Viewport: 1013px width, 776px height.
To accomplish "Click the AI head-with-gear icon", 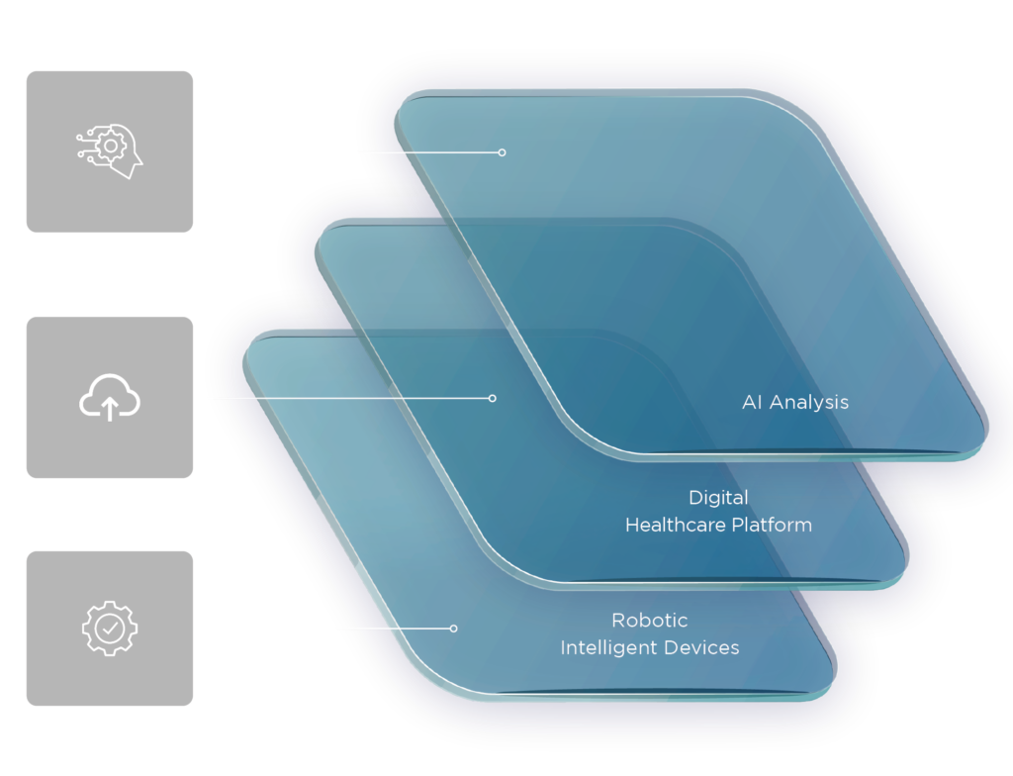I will [x=110, y=151].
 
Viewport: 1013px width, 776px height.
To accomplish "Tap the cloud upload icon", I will [x=110, y=398].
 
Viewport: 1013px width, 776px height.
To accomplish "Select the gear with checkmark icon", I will [x=110, y=627].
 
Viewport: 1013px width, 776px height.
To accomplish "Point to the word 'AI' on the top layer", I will [x=753, y=402].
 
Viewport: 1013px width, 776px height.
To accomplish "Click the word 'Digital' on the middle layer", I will [x=718, y=497].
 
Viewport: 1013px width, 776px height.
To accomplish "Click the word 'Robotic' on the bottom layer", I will [x=649, y=621].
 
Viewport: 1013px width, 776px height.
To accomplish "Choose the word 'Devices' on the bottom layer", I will [x=703, y=648].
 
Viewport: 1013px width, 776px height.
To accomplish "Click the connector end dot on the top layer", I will [x=502, y=152].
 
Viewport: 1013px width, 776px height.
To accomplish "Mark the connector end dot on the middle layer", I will [x=493, y=398].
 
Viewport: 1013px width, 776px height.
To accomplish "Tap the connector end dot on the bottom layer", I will [x=454, y=629].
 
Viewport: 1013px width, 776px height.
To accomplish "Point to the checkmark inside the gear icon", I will [x=110, y=627].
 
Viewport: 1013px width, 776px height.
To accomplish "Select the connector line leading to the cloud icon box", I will [x=346, y=398].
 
